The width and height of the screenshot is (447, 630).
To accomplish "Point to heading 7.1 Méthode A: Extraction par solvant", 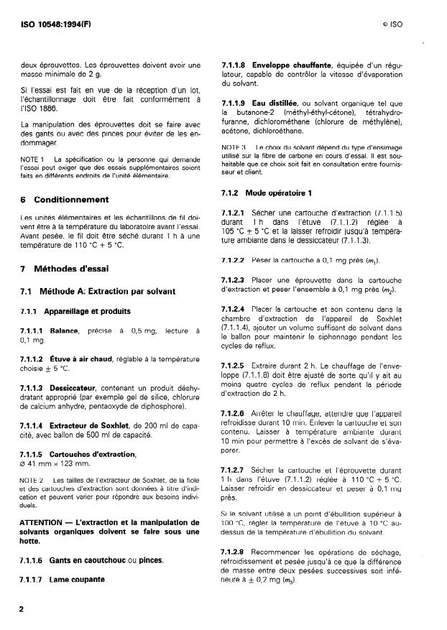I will click(91, 291).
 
